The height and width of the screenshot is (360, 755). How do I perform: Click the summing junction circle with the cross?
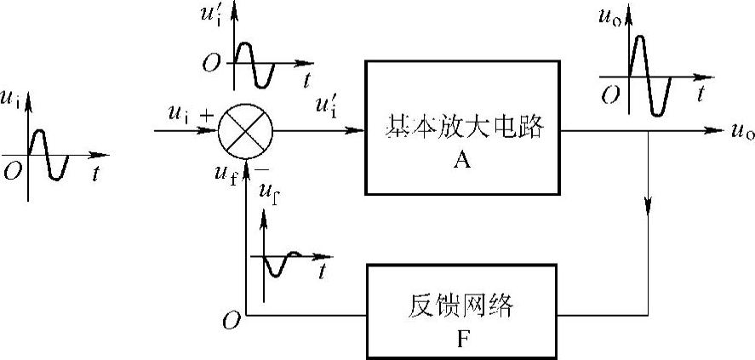245,131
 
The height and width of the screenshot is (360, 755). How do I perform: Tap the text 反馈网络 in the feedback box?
463,304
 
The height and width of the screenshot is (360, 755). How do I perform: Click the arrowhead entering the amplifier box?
357,131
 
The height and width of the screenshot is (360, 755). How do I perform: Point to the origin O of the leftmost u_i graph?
13,170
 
